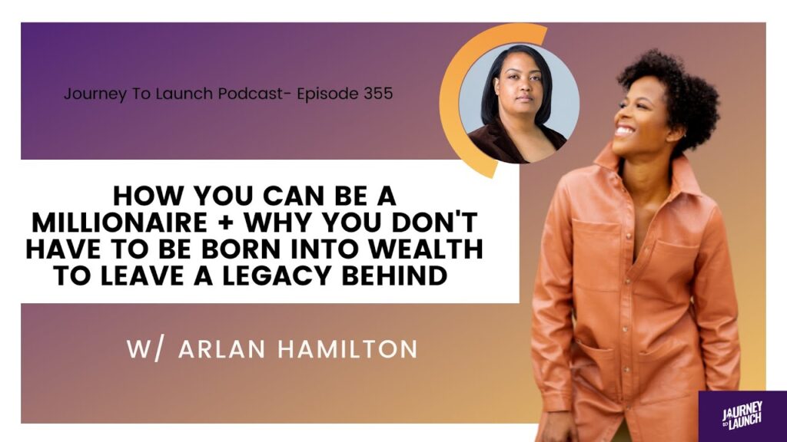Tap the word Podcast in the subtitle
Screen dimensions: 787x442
click(x=250, y=94)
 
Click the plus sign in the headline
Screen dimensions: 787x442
click(x=226, y=223)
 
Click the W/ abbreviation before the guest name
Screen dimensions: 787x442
click(x=144, y=349)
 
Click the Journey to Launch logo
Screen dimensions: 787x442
click(x=742, y=416)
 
